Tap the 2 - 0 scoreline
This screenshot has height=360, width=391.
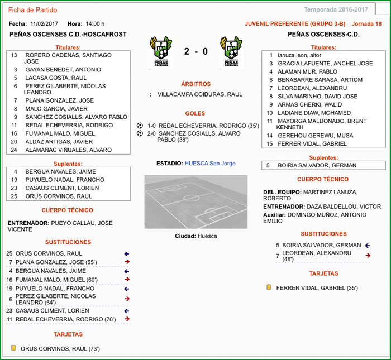click(195, 51)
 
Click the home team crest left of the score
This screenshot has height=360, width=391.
click(160, 52)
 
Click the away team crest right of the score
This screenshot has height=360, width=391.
click(230, 52)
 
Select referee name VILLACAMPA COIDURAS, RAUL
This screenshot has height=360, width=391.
click(200, 94)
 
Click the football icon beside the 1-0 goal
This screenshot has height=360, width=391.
click(140, 126)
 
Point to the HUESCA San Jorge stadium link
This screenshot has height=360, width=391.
click(210, 163)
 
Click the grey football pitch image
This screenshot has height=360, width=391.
click(195, 201)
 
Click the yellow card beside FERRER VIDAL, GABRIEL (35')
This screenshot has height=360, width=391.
click(269, 287)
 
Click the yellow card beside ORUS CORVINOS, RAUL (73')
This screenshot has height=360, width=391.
click(13, 348)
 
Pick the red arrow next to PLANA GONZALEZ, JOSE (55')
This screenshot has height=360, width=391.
click(127, 262)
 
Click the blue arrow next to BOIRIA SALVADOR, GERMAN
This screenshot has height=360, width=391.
click(367, 245)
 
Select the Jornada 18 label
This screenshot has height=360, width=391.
click(367, 24)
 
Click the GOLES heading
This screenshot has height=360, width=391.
click(195, 113)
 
